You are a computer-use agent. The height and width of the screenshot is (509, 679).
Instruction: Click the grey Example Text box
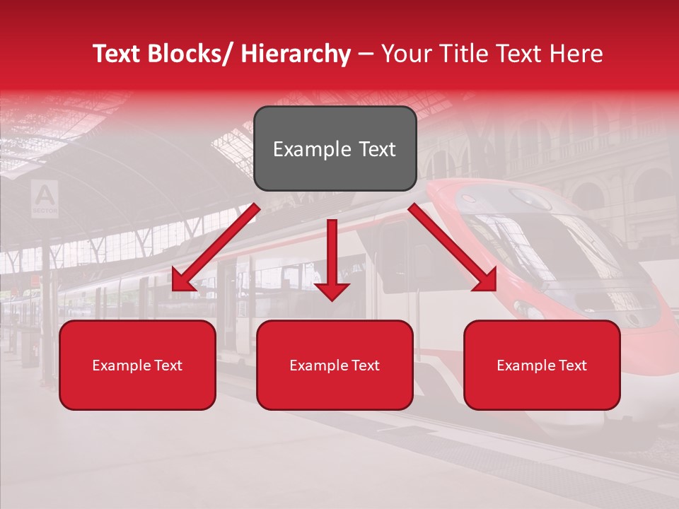pos(335,148)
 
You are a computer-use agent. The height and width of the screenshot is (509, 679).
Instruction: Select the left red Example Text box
pos(137,365)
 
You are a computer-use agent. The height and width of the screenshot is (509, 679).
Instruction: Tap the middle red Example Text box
pos(335,365)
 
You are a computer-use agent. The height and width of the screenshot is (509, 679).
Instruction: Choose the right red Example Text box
pos(542,365)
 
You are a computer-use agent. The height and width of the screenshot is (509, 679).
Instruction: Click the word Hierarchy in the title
pos(296,54)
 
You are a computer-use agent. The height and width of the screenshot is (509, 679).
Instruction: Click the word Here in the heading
pos(575,54)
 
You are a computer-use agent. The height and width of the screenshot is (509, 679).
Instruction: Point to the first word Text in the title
pos(117,54)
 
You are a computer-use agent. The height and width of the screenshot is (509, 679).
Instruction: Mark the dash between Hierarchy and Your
pos(366,54)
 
